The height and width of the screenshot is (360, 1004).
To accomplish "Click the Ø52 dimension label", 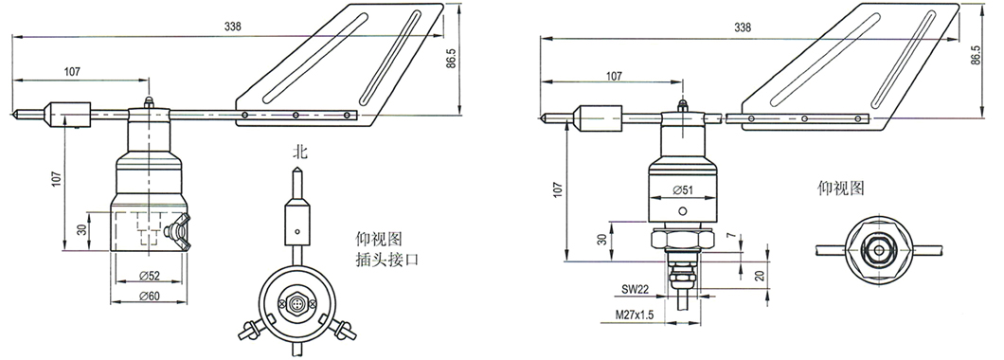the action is click(x=150, y=275).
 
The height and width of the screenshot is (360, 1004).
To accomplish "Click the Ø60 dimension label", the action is click(x=150, y=296).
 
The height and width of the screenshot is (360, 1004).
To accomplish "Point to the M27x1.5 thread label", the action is click(x=636, y=315).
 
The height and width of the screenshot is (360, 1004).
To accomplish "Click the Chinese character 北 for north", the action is click(x=299, y=153).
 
